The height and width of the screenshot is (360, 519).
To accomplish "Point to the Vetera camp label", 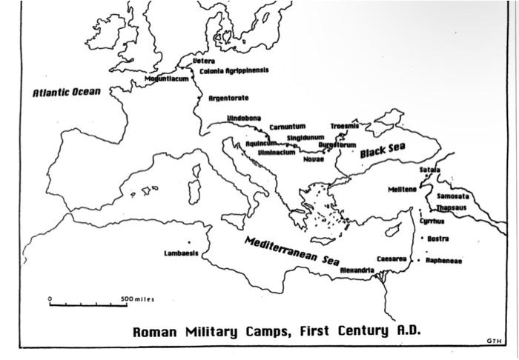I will (204, 61).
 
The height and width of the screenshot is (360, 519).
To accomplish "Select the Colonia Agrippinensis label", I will (234, 70).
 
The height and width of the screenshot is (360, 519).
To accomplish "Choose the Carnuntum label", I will (287, 127).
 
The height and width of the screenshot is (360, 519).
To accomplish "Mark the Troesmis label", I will (344, 126).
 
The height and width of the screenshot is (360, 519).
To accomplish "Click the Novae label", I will (314, 159).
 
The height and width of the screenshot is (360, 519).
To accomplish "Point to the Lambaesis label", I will (180, 253).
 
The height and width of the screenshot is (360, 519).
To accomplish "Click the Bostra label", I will (438, 239).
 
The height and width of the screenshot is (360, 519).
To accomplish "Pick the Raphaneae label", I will (444, 261).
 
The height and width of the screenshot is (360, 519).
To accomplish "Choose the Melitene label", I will (403, 189).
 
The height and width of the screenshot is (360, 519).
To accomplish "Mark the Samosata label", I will (452, 196).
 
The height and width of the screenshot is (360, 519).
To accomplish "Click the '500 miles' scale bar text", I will (139, 299).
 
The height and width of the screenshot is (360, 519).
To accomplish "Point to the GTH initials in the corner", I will (495, 340).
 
